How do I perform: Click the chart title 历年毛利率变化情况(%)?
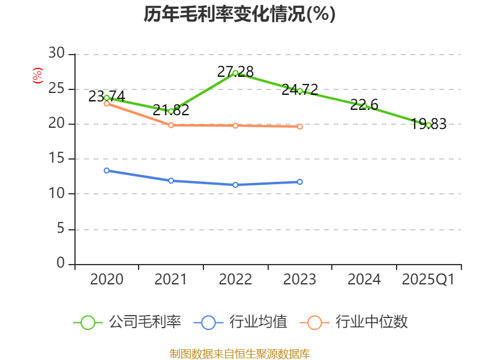239,14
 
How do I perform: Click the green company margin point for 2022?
235,73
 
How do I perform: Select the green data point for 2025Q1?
428,125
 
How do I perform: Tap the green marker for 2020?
107,98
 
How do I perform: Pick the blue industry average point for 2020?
107,170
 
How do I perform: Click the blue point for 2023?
300,182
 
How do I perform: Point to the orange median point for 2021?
171,125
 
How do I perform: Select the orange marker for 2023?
300,127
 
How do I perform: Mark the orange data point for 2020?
107,103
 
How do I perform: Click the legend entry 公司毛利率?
127,322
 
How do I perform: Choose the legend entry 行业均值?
241,322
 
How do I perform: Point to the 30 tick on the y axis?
57,54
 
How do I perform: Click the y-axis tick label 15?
57,159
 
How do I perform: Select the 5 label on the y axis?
61,229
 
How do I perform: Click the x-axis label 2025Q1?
428,280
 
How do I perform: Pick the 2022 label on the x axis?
235,280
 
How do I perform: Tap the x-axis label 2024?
364,280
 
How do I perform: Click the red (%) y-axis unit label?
38,76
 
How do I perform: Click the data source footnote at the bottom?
239,353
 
